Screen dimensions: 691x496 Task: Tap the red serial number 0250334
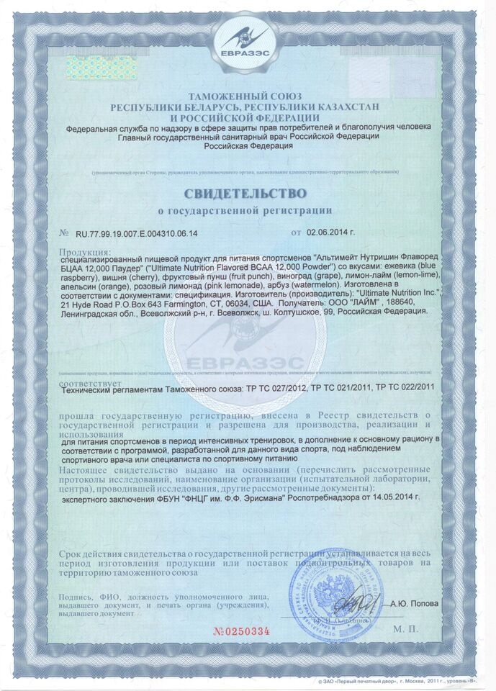(x=241, y=631)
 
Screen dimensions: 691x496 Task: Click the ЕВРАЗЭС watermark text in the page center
(x=248, y=361)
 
